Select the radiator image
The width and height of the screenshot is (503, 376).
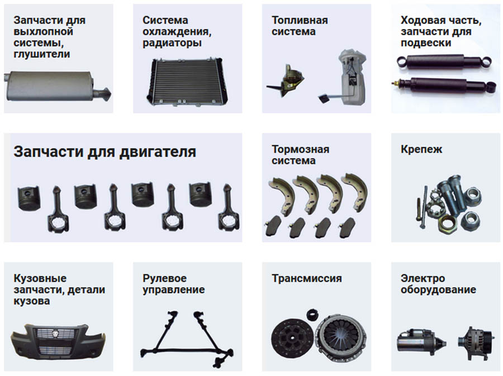pos(187,82)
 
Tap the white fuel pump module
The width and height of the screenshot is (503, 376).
pos(352,77)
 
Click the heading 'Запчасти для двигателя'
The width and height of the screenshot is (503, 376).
pos(105,151)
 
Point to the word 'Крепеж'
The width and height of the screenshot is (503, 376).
pos(421,149)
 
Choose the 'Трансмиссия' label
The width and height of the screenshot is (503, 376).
pos(307,278)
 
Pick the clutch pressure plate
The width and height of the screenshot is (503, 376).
pos(341,335)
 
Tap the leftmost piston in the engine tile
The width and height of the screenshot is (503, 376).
pos(29,198)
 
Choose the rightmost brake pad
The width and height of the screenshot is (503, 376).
pos(347,227)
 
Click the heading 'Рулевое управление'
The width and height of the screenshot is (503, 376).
pos(174,284)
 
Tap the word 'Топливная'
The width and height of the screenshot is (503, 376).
pos(300,20)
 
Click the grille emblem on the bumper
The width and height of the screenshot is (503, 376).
pos(56,334)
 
